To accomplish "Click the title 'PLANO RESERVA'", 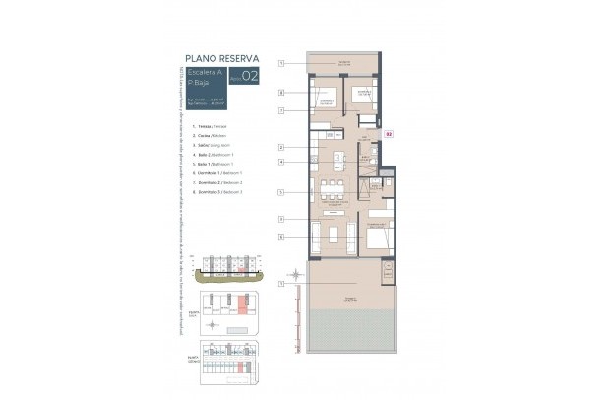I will click(221, 58).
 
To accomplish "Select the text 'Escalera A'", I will click(204, 73).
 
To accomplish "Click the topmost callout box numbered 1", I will click(280, 63).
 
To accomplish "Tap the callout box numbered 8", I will click(280, 94).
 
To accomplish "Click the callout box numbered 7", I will click(280, 111).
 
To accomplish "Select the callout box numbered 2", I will click(280, 147).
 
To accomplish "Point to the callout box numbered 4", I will click(280, 162).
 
